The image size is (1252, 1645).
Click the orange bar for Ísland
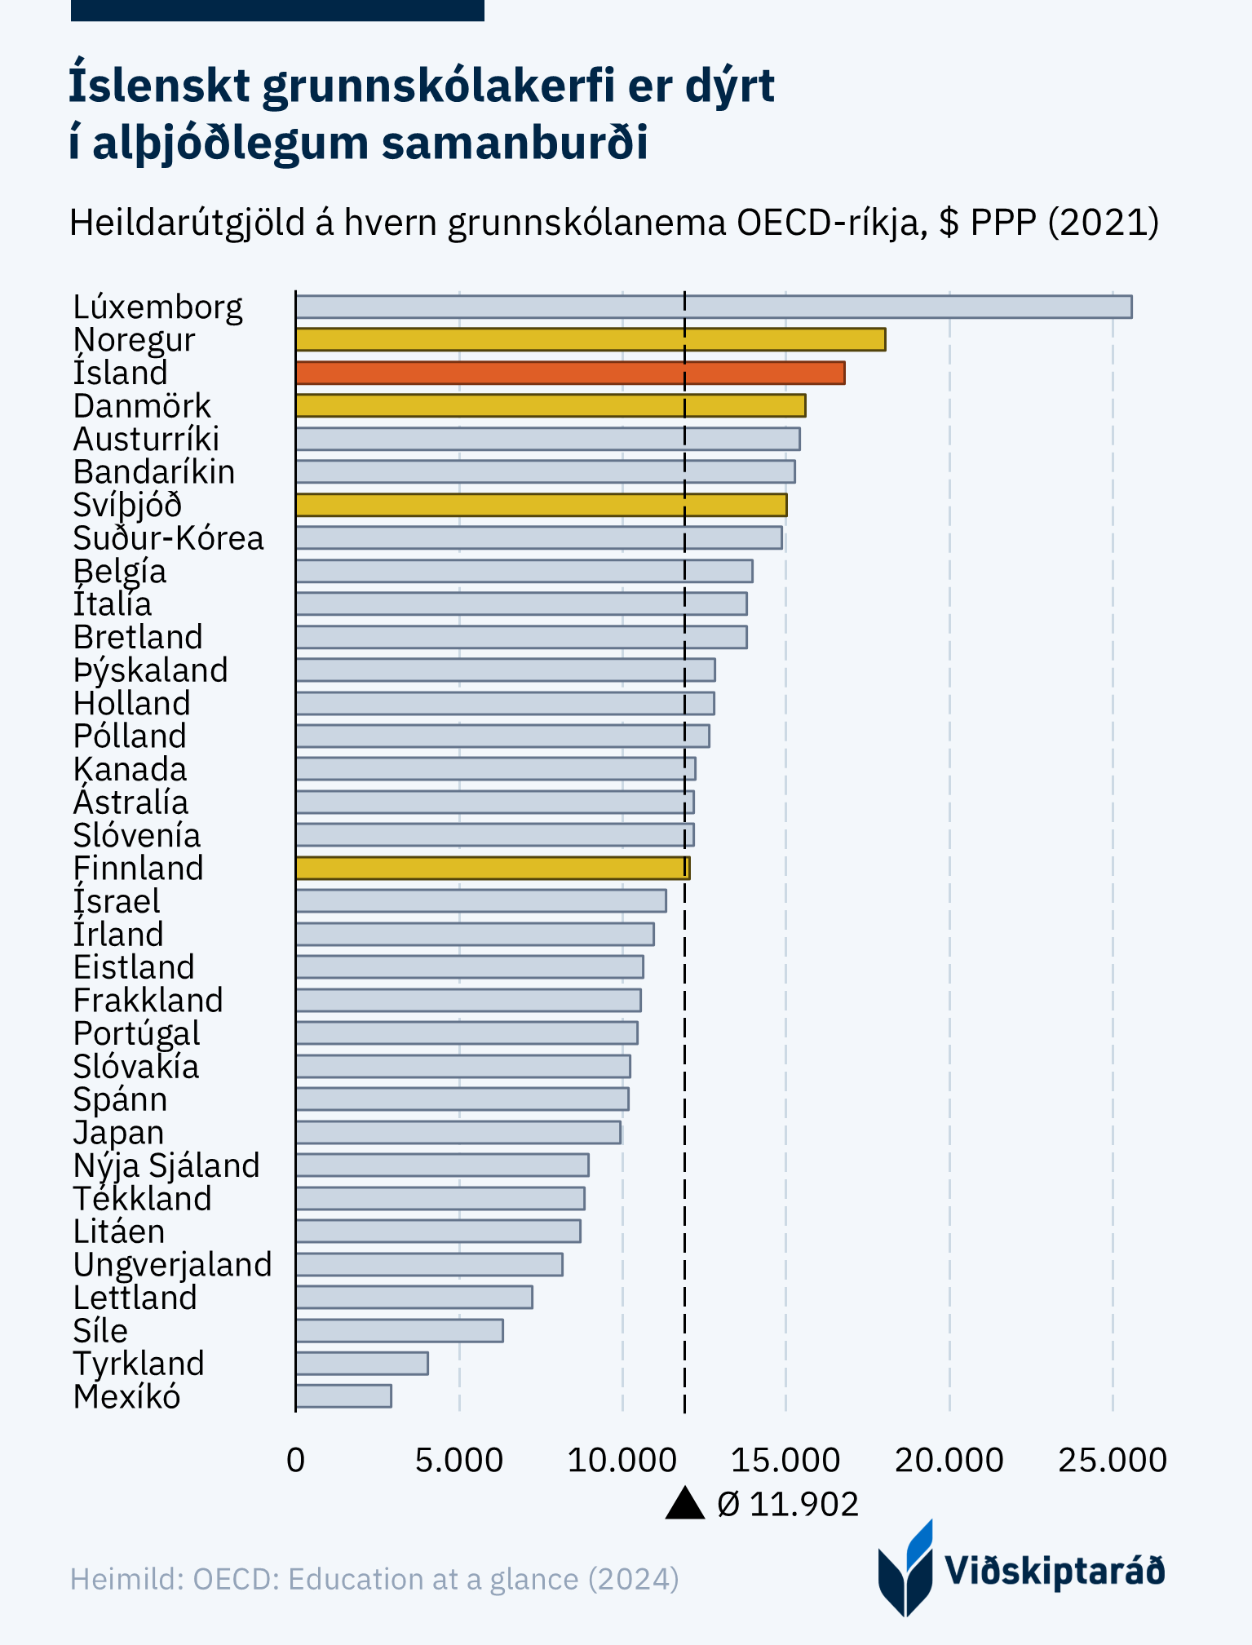(569, 373)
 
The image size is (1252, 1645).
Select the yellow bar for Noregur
(590, 339)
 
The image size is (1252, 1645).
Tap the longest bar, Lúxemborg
(713, 307)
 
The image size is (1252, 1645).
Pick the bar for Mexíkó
(343, 1396)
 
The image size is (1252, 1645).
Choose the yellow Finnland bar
(492, 868)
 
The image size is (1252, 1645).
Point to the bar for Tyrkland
(361, 1363)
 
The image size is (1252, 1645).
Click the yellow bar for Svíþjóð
(541, 505)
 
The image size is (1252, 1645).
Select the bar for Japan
(458, 1132)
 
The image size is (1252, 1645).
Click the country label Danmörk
(142, 406)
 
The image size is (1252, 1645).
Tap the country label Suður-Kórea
(168, 538)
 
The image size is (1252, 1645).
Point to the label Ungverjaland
(172, 1265)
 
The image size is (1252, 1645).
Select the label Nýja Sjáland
(166, 1165)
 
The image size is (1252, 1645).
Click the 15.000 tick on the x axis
(785, 1460)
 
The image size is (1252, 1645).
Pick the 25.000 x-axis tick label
(1112, 1460)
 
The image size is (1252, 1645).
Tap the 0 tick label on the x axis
(295, 1460)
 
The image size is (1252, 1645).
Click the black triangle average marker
(684, 1504)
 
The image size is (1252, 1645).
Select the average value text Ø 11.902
(788, 1504)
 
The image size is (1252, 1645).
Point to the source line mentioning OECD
(374, 1579)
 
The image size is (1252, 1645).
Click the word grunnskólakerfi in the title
(437, 86)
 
